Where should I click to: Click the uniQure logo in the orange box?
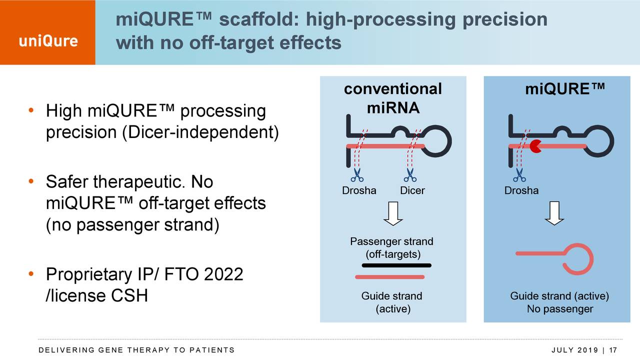coord(48,41)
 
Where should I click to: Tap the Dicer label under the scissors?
coord(412,190)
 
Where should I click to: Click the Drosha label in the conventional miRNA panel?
coord(359,190)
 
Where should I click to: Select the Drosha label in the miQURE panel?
coord(521,190)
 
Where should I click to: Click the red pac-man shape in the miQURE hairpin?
coord(535,146)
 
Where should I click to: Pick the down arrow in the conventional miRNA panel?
coord(393,213)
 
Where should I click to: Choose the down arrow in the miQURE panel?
coord(554,213)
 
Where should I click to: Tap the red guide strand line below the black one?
coord(389,277)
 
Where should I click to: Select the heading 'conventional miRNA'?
coord(393,98)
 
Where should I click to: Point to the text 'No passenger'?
coord(559,309)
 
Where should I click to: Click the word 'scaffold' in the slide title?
coord(259,19)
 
